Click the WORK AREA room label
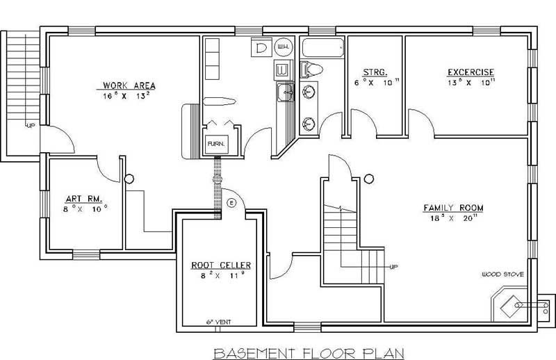[126, 86]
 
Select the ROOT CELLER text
[220, 265]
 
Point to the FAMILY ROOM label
[454, 208]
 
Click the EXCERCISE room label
[471, 72]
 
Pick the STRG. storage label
[375, 72]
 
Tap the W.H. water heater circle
[284, 47]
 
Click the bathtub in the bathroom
[322, 49]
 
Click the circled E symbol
[232, 203]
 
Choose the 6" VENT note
[218, 322]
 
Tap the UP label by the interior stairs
[393, 266]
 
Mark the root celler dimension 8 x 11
[220, 276]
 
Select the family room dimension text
[454, 218]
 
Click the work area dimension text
[126, 97]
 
